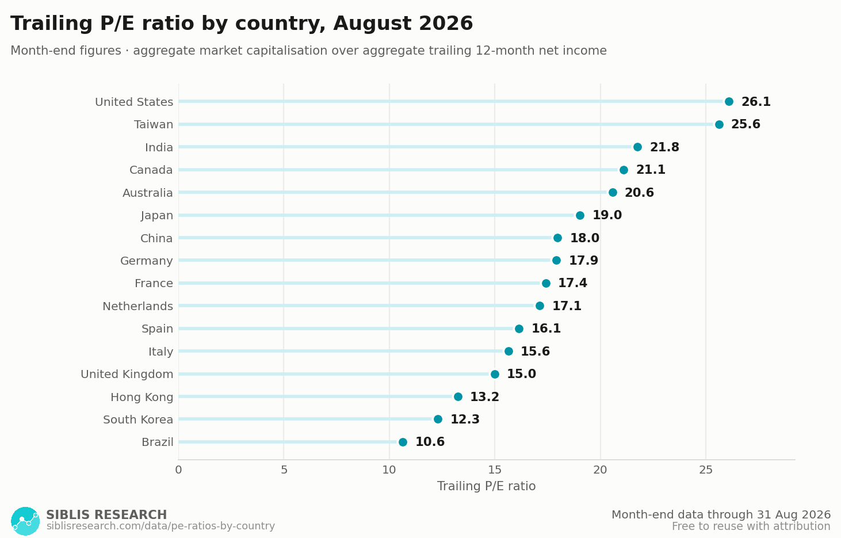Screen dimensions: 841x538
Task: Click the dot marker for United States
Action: coord(729,101)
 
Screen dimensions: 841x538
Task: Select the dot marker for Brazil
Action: coord(403,442)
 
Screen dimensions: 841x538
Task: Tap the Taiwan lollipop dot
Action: coord(719,124)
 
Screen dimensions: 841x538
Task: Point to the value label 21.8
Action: coord(664,147)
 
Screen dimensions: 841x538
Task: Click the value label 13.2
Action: coord(485,397)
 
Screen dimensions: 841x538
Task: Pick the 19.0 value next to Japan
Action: coord(607,215)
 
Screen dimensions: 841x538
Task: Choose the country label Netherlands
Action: coord(138,306)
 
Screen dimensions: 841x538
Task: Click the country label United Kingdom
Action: coord(127,375)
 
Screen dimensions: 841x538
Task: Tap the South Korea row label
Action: coord(138,419)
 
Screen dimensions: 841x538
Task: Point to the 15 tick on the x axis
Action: coord(495,470)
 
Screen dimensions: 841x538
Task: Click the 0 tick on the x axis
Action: coord(178,470)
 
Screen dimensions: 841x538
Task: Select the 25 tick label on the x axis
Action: coord(706,470)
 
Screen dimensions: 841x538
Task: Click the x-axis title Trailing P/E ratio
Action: coord(486,486)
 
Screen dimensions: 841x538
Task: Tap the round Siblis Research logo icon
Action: coord(25,521)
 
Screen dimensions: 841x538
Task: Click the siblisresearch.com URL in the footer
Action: coord(160,526)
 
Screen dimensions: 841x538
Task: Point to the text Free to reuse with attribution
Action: coord(751,526)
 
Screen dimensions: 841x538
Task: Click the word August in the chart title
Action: coord(373,23)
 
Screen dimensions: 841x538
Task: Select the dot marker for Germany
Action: coord(556,260)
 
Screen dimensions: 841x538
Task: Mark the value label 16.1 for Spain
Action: coord(546,329)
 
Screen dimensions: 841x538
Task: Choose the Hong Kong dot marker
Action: coord(458,396)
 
